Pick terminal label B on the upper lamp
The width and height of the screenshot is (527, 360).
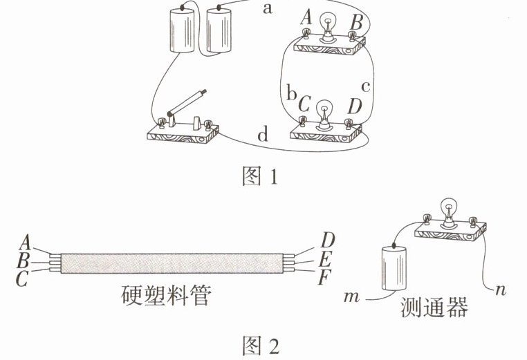coord(355,22)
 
